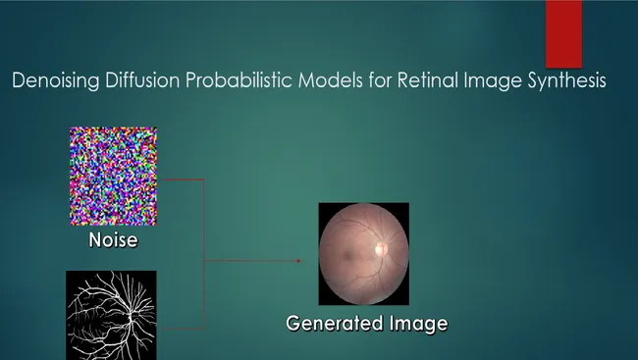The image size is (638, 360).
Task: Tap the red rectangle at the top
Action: (563, 33)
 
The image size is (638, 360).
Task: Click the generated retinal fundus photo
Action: (363, 253)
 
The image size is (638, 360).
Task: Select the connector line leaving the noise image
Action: (181, 180)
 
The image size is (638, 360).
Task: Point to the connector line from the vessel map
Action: (181, 326)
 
